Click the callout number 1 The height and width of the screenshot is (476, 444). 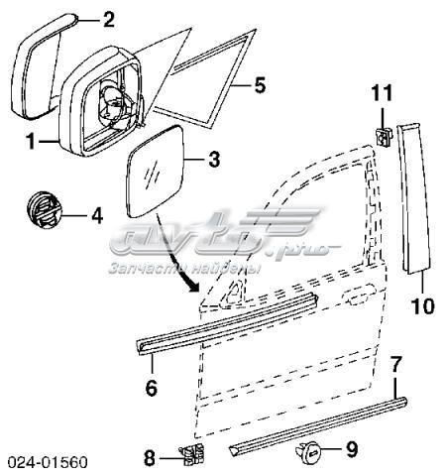tap(31, 142)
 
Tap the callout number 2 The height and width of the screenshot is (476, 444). tap(109, 20)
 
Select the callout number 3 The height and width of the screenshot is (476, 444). tap(214, 160)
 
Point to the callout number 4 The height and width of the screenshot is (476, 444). tap(97, 216)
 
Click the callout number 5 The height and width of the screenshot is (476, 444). tap(260, 85)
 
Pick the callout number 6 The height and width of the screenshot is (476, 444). tap(152, 388)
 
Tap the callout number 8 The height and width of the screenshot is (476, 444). tap(150, 458)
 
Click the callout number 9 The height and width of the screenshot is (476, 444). tap(352, 450)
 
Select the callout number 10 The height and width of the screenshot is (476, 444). tap(422, 306)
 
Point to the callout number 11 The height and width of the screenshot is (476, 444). tap(383, 93)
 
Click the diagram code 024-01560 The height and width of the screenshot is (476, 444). tap(48, 462)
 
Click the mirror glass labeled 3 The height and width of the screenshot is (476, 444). tap(156, 172)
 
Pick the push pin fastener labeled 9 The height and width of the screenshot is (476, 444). tap(308, 450)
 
